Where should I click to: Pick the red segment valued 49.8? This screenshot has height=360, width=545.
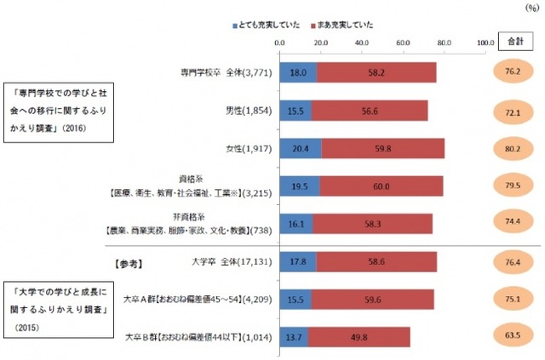pos(359,337)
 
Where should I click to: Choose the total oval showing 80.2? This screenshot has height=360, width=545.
pos(513,148)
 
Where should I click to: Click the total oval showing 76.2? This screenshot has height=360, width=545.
pos(513,72)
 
